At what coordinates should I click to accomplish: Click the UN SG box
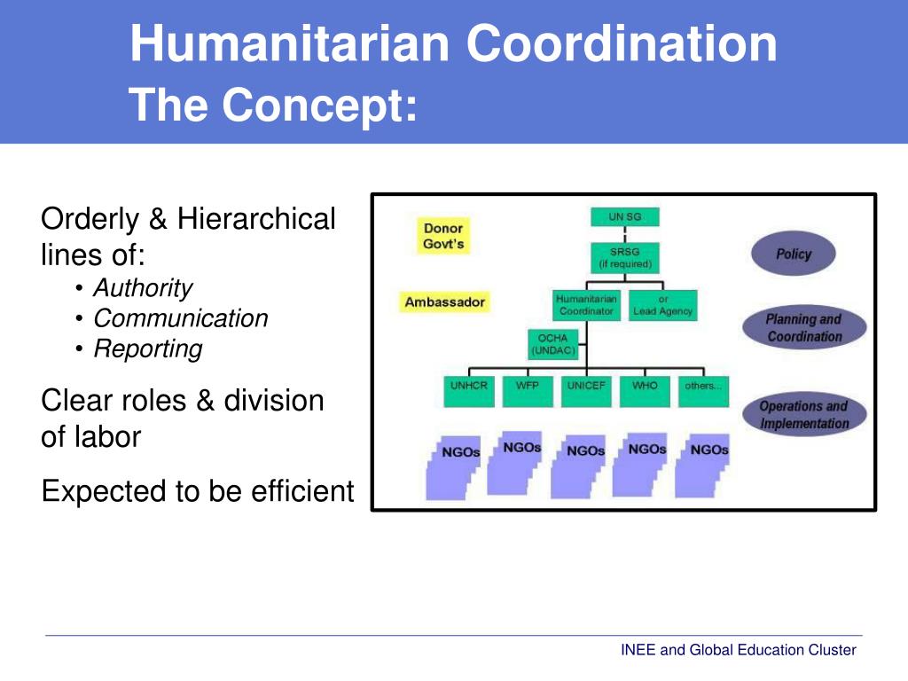(624, 217)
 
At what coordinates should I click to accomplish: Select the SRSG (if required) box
(624, 258)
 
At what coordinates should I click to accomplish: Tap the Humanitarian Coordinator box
(586, 305)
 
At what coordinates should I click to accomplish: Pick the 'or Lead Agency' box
(663, 305)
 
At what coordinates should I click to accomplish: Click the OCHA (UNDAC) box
(552, 344)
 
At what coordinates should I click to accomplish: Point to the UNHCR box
(468, 391)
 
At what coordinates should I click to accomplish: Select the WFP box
(528, 391)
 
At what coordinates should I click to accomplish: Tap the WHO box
(645, 391)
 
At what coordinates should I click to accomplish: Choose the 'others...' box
(703, 391)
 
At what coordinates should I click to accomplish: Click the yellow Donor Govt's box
(443, 236)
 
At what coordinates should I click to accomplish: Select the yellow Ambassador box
(444, 302)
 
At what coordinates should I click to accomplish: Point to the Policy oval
(794, 254)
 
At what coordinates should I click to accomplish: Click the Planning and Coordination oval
(804, 328)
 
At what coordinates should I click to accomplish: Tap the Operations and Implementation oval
(803, 415)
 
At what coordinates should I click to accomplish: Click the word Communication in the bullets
(181, 318)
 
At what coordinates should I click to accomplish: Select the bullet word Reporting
(148, 348)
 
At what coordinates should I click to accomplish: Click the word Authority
(143, 288)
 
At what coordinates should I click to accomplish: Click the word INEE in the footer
(638, 650)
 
